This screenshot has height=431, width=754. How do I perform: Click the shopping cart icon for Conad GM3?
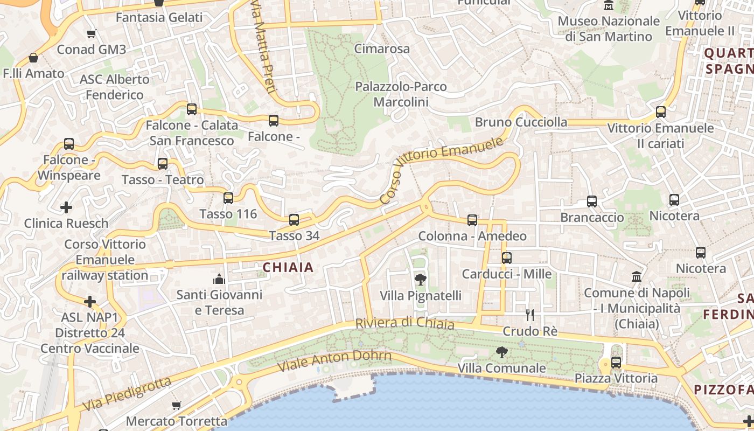(92, 33)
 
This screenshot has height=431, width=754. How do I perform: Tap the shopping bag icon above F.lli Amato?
(33, 58)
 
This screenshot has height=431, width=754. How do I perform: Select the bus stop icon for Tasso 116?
(228, 198)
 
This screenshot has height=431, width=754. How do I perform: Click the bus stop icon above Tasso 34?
(294, 220)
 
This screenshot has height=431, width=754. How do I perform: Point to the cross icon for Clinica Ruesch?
(66, 207)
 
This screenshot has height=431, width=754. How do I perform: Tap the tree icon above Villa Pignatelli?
(421, 280)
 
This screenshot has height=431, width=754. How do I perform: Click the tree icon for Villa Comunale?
(502, 353)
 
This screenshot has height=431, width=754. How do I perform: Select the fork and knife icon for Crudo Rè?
(530, 315)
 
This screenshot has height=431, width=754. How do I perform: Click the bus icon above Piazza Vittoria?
(616, 363)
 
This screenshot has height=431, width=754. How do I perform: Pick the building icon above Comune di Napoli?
(637, 277)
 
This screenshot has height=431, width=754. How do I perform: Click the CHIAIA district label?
(288, 267)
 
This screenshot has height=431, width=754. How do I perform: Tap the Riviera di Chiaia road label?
(404, 323)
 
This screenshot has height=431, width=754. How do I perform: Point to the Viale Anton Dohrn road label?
(334, 360)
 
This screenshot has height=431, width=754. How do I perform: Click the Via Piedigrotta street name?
(127, 394)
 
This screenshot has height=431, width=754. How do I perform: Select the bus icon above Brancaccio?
(592, 201)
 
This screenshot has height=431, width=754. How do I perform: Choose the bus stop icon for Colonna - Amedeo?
(472, 220)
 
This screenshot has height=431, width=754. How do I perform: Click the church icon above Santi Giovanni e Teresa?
(219, 279)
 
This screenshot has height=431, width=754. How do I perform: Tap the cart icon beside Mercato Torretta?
(176, 405)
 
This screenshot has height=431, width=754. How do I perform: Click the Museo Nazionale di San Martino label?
(609, 29)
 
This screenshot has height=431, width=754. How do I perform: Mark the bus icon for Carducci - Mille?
(507, 258)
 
